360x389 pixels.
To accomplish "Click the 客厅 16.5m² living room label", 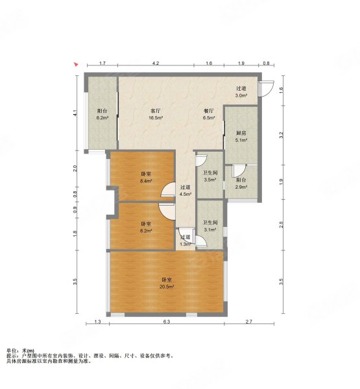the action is [156, 114].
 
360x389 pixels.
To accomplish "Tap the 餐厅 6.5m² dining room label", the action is [209, 114].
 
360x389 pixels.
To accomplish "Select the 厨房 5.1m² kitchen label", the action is [241, 136].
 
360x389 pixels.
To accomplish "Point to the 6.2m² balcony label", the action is [102, 114].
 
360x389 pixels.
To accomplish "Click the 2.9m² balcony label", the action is [241, 183].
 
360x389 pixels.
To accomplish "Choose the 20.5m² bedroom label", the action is [167, 283].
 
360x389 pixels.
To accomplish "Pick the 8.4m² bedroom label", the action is [146, 178].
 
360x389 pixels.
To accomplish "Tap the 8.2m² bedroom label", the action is [146, 228].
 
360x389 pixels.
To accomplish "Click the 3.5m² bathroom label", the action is [210, 176].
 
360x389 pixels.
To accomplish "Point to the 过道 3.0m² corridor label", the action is [241, 92].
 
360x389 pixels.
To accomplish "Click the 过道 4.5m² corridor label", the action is [186, 191].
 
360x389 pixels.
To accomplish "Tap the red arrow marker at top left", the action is [76, 64].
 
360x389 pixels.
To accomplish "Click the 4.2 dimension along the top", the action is [156, 64].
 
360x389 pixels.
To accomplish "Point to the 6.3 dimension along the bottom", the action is [167, 322].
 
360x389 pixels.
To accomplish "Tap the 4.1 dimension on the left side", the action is [75, 113].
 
